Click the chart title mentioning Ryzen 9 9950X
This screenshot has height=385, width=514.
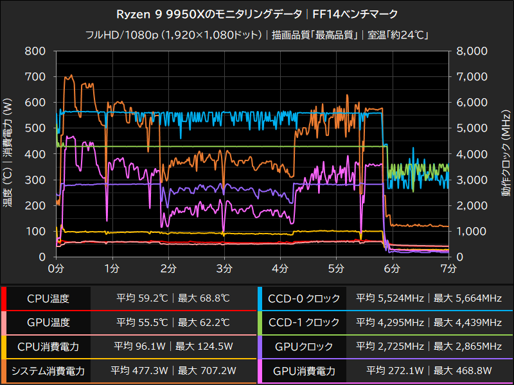[x=257, y=14]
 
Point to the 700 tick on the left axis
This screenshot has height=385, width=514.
[x=35, y=77]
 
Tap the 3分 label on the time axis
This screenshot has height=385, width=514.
[x=224, y=267]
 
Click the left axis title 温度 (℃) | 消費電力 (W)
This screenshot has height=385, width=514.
[x=8, y=154]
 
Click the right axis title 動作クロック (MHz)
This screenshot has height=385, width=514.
[x=506, y=154]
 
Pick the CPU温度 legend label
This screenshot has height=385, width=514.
[x=48, y=298]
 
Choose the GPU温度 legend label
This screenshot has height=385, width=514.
[x=48, y=323]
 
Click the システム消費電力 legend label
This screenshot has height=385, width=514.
[x=48, y=371]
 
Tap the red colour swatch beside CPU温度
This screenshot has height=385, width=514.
[x=3, y=298]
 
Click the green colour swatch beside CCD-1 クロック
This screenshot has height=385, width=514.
[x=260, y=323]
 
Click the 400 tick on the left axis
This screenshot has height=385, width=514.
[x=35, y=154]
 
